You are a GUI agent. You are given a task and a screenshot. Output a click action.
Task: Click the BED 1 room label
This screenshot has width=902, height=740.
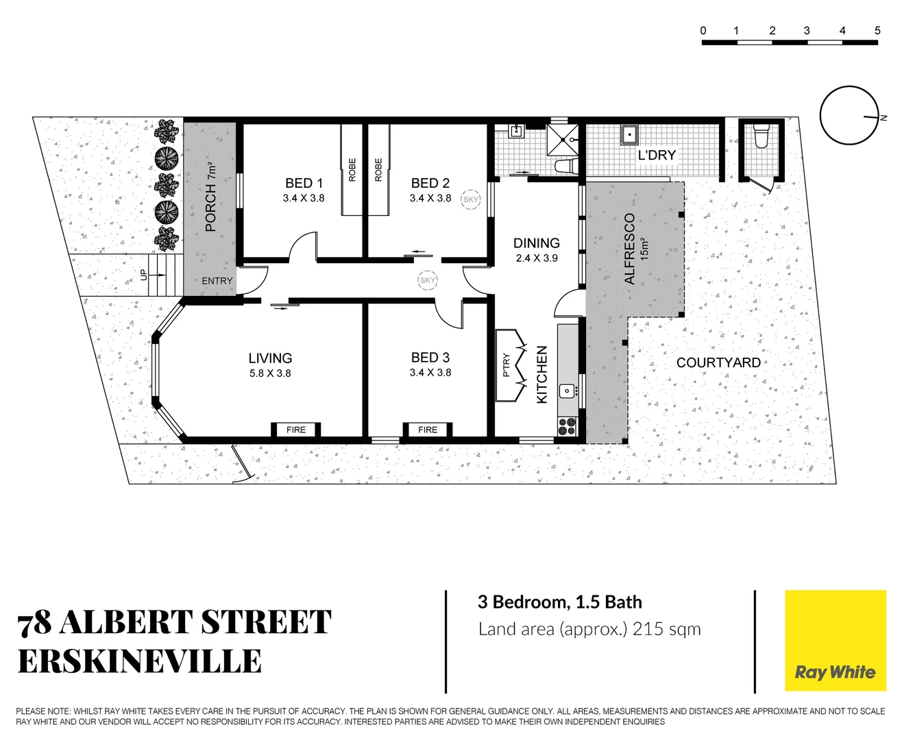point(304,184)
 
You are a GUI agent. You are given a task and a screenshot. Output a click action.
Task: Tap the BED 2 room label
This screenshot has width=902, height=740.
point(430,184)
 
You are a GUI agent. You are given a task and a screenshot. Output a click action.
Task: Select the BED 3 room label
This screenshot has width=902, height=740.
point(430,358)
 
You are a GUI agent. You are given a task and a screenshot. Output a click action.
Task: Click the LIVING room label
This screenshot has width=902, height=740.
point(270,358)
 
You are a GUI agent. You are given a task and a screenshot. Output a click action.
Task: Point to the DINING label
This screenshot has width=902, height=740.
point(537,243)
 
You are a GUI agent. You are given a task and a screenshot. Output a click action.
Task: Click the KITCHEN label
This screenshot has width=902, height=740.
point(542,375)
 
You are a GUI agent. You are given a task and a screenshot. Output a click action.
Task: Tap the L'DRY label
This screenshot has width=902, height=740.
point(657,156)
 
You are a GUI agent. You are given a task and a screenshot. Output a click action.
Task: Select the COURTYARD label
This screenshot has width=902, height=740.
point(718,362)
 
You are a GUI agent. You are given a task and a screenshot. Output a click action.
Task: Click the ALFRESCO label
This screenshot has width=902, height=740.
point(630,249)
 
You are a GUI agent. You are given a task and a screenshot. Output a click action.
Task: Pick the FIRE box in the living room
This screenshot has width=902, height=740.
point(296,430)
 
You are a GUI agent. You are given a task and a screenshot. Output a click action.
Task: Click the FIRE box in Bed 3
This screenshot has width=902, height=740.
point(428,430)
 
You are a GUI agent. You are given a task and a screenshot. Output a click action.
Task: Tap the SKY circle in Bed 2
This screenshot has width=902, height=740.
point(471,199)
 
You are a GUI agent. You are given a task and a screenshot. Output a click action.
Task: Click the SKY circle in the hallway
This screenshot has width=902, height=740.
point(428,280)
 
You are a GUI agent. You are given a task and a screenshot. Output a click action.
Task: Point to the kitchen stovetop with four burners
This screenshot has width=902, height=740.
point(567,426)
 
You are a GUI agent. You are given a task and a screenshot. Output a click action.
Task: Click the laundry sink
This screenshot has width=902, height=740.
point(629,134)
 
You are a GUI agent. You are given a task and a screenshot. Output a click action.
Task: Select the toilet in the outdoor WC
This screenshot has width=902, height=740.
point(760,136)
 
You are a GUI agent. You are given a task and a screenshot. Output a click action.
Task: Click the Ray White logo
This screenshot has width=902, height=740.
point(835,641)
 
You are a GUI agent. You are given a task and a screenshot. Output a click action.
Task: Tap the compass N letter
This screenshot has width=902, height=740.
point(884,118)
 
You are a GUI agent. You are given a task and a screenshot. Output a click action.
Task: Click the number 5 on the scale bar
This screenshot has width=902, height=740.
point(877,30)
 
